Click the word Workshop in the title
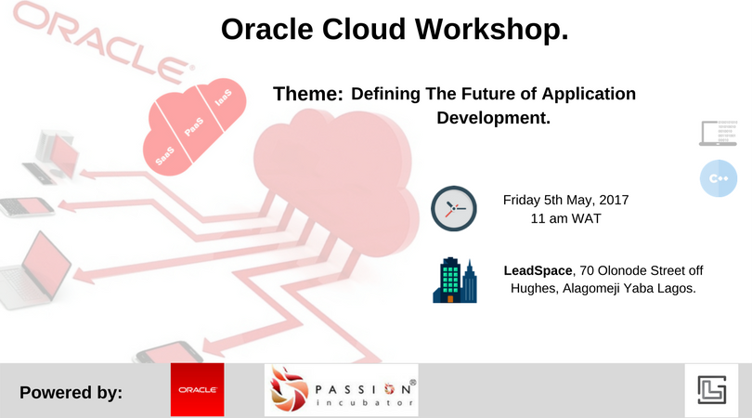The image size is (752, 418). click(x=491, y=30)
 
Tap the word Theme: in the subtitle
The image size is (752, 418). click(x=308, y=94)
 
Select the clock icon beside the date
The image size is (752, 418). click(x=454, y=209)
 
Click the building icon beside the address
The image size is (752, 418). click(x=455, y=281)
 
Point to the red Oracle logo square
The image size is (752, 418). click(x=197, y=390)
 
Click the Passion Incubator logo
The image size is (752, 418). click(x=342, y=390)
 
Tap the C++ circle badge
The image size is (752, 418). click(x=719, y=178)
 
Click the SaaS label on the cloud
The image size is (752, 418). click(x=165, y=156)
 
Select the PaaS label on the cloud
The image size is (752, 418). click(x=194, y=126)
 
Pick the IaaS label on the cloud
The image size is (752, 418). click(x=224, y=98)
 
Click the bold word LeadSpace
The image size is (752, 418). click(x=538, y=270)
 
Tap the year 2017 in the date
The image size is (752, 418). click(x=614, y=200)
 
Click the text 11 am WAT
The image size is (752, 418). click(x=566, y=219)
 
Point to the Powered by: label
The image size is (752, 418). click(x=71, y=393)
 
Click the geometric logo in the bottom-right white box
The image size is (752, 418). click(x=712, y=390)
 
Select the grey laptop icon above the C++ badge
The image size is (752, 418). click(x=718, y=133)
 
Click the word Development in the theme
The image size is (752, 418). click(x=491, y=118)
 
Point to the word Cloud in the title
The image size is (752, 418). click(x=364, y=30)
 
